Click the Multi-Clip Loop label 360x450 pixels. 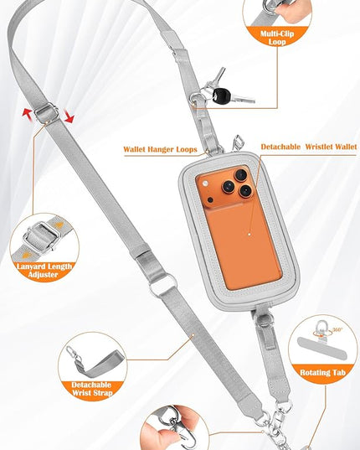[x=277, y=38]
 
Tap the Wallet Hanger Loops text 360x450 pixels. [x=160, y=149]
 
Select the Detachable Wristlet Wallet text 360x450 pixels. [x=309, y=147]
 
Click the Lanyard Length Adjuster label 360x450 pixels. [x=44, y=271]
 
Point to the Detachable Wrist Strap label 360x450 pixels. [x=92, y=389]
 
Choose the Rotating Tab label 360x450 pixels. [x=322, y=373]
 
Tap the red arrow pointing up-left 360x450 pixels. [x=28, y=114]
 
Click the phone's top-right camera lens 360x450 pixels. [x=241, y=175]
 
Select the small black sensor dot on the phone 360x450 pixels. [x=210, y=200]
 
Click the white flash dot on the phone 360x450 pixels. [x=204, y=184]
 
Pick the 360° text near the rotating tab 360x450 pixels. [x=337, y=330]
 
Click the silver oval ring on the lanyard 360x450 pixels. [x=163, y=284]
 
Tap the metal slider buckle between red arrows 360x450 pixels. [x=46, y=113]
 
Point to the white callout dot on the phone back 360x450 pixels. [x=249, y=235]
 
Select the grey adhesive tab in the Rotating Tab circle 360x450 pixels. [x=321, y=348]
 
